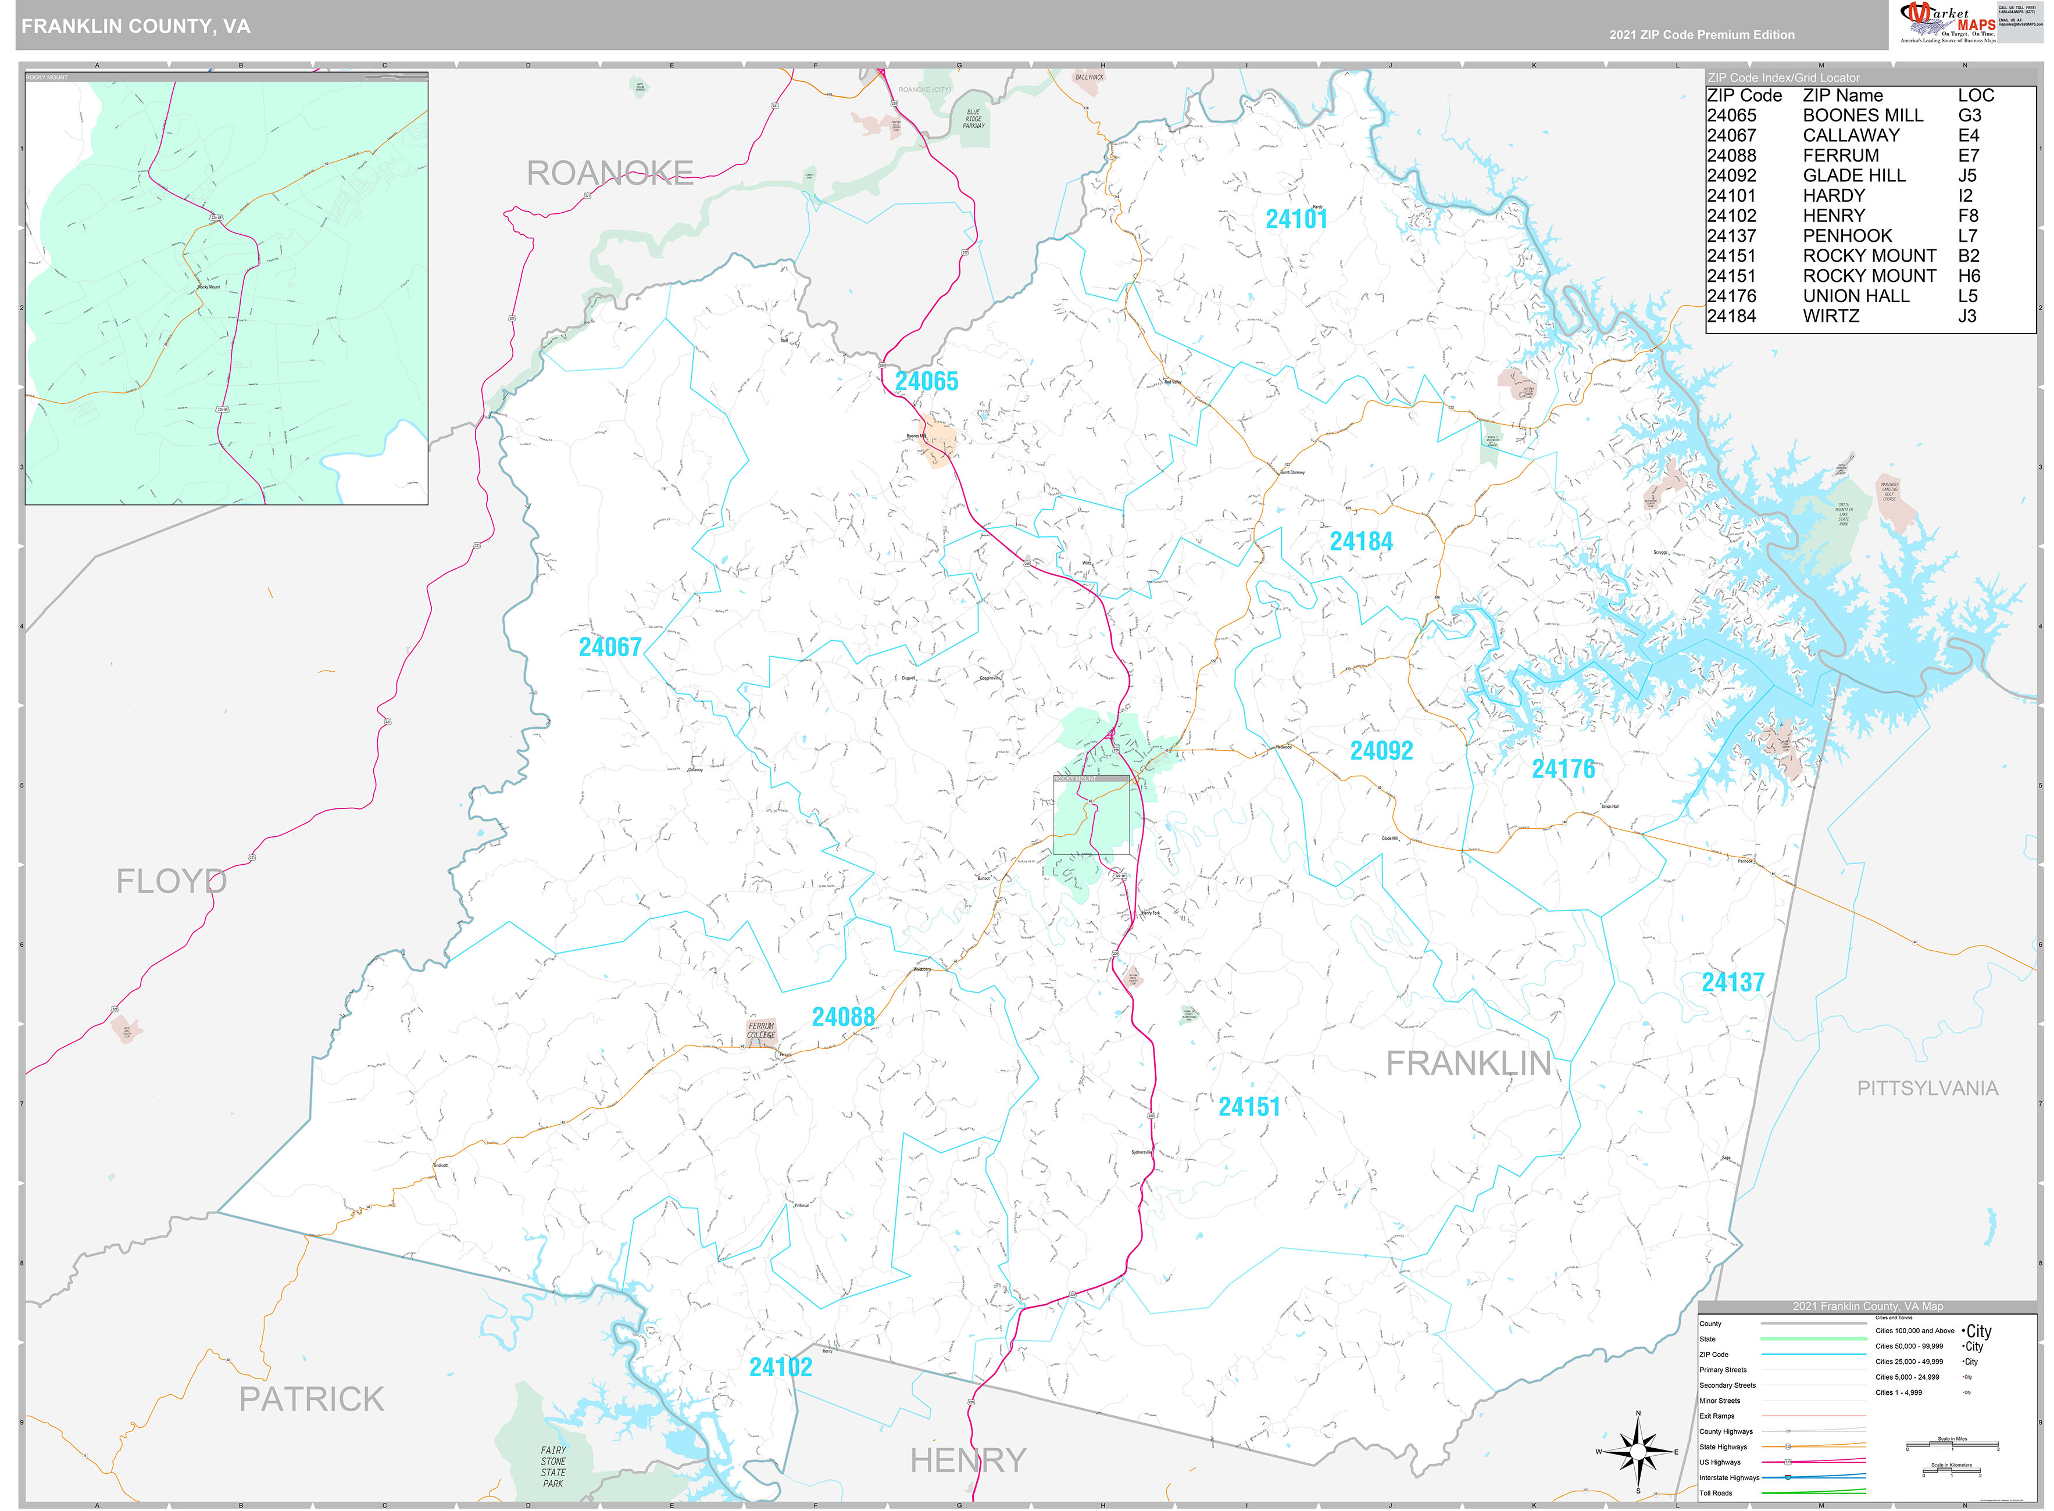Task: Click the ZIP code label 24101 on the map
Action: click(x=1295, y=220)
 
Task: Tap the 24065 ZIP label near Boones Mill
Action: click(x=926, y=381)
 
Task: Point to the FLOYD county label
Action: click(x=171, y=882)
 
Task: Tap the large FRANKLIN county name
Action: click(x=1469, y=1064)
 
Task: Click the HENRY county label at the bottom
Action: click(x=968, y=1460)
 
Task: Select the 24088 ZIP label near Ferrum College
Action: click(x=842, y=1017)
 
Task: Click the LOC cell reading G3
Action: click(x=1969, y=115)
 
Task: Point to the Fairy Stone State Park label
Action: click(x=553, y=1466)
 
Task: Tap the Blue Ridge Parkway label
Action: click(x=973, y=119)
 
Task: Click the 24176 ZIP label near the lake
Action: click(x=1563, y=769)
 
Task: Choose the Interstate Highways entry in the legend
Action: click(x=1729, y=1477)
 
